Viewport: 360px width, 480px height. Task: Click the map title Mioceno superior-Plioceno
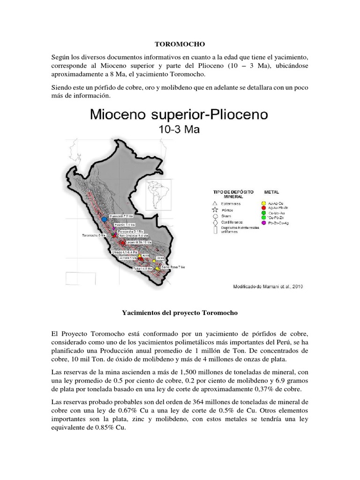point(180,114)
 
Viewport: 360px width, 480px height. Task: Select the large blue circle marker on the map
point(105,219)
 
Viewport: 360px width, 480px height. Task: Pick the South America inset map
point(158,195)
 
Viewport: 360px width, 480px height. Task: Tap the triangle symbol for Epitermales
point(215,204)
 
